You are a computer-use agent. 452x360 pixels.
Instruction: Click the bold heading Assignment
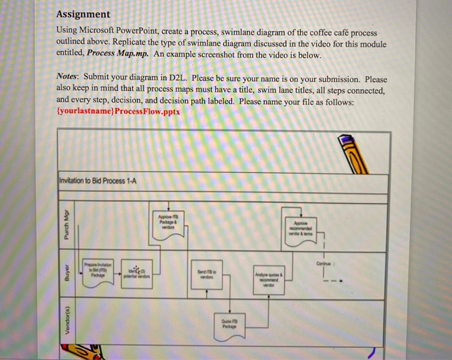coord(83,14)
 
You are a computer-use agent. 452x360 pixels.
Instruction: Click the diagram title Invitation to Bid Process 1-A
coord(97,180)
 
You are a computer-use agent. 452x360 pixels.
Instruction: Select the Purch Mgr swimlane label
coord(66,226)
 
